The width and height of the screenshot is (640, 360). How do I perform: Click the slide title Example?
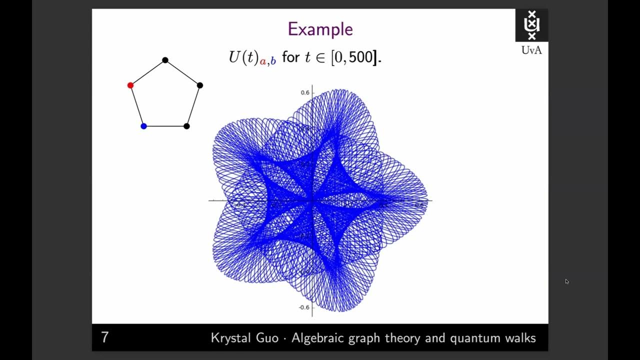(x=320, y=29)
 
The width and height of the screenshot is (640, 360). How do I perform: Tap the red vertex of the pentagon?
(x=130, y=85)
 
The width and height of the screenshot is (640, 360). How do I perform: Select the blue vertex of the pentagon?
(x=143, y=126)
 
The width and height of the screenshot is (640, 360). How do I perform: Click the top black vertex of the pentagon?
(x=165, y=60)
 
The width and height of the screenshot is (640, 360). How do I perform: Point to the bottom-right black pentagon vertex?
(x=186, y=126)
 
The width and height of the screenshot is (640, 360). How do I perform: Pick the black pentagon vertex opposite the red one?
(x=200, y=85)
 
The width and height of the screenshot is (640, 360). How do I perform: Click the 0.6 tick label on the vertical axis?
(x=305, y=92)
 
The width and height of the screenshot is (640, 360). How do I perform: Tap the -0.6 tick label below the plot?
(x=304, y=307)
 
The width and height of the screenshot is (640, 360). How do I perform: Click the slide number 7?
(x=104, y=337)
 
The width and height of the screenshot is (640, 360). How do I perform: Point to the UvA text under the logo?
(x=531, y=50)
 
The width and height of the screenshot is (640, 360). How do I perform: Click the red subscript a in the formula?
(x=262, y=62)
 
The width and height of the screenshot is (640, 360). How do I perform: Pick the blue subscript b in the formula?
(x=273, y=61)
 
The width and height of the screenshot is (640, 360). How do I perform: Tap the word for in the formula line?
(x=290, y=57)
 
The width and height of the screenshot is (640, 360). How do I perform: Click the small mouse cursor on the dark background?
(x=567, y=281)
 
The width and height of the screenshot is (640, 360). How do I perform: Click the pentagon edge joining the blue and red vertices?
(x=137, y=106)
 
